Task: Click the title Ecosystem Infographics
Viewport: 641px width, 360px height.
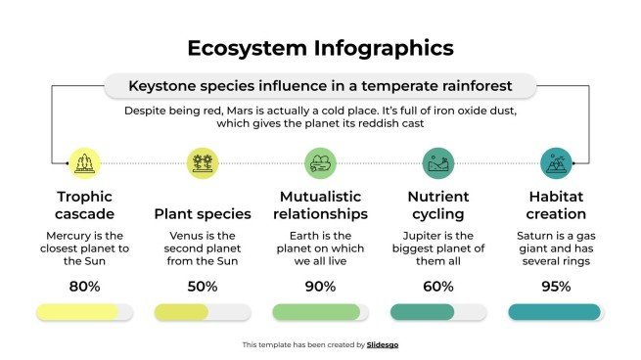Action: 320,48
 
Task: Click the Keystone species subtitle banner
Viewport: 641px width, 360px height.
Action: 320,86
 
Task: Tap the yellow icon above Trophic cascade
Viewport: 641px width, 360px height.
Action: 84,162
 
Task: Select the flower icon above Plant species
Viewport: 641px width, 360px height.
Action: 203,162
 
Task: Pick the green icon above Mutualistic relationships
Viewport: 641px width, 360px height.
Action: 320,162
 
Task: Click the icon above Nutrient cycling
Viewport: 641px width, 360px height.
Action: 437,162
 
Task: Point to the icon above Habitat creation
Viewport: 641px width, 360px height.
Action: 556,162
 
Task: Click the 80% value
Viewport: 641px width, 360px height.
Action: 84,287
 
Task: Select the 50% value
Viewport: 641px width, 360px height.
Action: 203,287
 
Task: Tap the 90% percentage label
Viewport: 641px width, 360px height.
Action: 320,287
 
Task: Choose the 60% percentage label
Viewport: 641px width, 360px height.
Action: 437,287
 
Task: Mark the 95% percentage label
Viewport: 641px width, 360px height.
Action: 556,287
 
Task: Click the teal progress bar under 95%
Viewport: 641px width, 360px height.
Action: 554,312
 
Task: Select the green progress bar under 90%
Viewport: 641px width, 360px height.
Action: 316,312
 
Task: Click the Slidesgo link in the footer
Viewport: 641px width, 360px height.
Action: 383,344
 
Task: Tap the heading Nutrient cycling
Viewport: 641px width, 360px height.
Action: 437,204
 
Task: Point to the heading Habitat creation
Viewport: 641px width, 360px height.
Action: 556,204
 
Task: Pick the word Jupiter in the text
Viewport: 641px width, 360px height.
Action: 424,236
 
